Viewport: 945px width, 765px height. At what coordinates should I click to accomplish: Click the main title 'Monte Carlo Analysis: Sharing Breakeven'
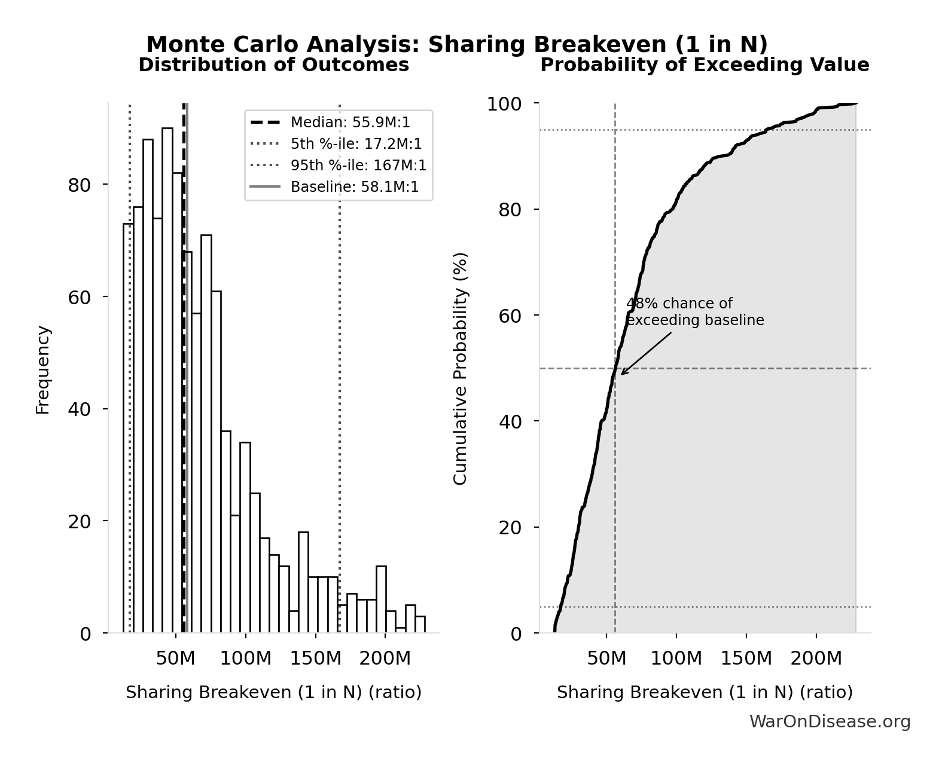[x=457, y=45]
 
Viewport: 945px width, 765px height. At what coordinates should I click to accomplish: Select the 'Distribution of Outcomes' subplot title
[x=274, y=65]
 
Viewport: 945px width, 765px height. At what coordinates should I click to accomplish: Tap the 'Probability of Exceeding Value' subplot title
[x=705, y=65]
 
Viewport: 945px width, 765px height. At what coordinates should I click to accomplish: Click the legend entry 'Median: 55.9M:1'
[x=350, y=123]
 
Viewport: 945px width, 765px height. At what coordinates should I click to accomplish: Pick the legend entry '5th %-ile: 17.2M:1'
[x=356, y=144]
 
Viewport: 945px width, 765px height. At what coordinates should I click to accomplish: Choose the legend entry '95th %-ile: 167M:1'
[x=358, y=166]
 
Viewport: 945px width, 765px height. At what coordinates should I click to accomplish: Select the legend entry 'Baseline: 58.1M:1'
[x=355, y=187]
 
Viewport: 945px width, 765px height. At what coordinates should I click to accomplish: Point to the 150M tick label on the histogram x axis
[x=315, y=659]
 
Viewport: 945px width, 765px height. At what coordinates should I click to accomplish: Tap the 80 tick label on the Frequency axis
[x=80, y=185]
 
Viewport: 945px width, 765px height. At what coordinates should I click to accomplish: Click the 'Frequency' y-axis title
[x=42, y=369]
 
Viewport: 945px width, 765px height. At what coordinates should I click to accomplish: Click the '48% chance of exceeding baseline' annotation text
[x=695, y=312]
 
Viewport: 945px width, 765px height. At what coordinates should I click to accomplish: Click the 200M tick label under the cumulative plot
[x=816, y=659]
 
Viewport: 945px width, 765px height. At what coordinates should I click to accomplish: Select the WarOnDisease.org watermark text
[x=830, y=722]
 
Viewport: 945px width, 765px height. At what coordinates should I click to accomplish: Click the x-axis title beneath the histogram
[x=273, y=692]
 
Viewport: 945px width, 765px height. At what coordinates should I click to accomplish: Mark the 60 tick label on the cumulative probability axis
[x=510, y=316]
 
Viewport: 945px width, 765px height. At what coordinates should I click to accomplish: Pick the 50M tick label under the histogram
[x=175, y=659]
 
